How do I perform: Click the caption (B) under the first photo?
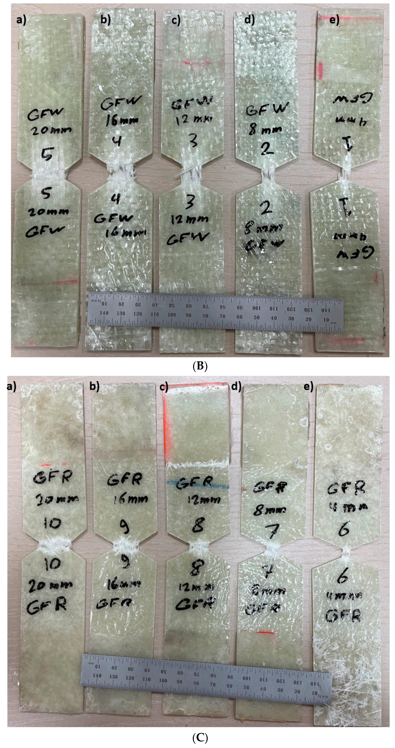[200, 366]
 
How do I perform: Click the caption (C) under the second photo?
[200, 738]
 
